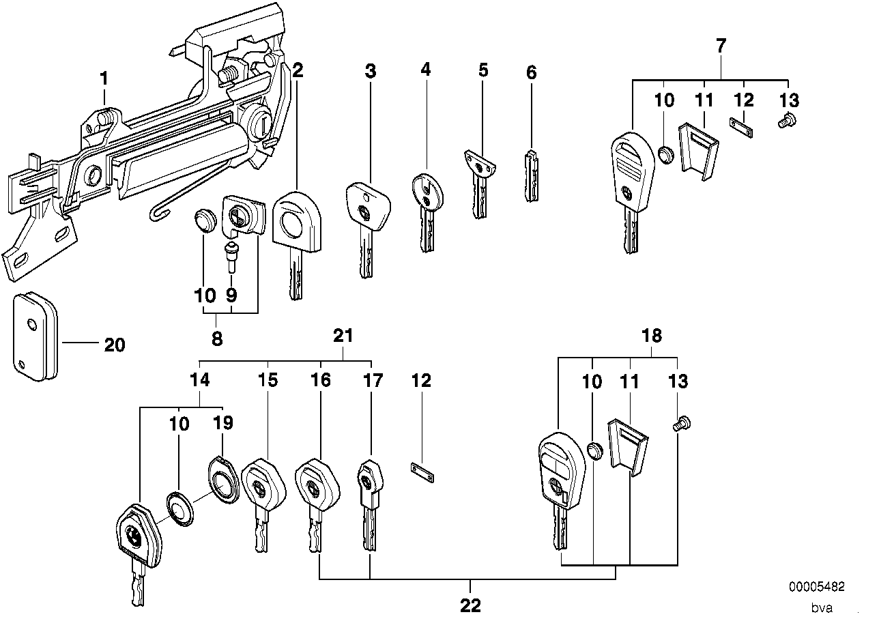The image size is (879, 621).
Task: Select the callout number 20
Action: point(115,345)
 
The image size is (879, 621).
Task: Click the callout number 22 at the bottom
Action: point(471,605)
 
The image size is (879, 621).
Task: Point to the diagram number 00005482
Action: point(817,587)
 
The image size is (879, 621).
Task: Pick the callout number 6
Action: point(532,73)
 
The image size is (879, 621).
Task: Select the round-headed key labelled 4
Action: point(424,205)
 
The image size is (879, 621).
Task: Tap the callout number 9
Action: point(231,295)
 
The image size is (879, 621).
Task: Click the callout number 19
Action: point(223,423)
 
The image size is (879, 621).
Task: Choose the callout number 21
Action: point(343,336)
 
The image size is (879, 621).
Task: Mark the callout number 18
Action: point(652,336)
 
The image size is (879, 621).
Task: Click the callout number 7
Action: point(721,46)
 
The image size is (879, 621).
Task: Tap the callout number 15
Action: point(268,380)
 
